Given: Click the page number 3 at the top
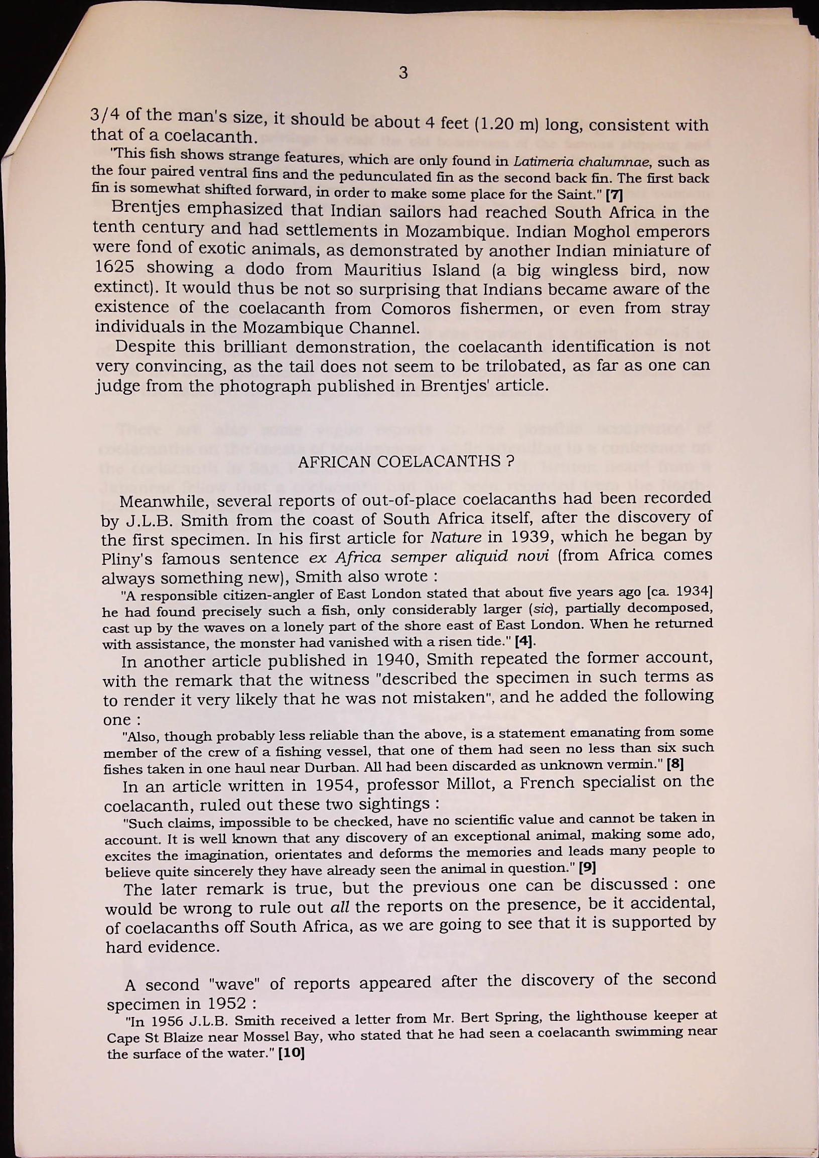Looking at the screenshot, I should pos(403,73).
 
